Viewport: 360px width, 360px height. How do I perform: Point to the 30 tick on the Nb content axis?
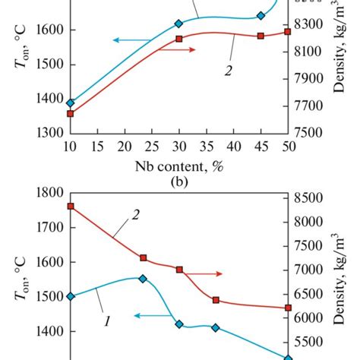point(179,145)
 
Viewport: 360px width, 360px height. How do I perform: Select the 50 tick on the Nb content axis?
point(288,145)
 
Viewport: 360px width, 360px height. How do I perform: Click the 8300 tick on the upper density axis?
point(314,24)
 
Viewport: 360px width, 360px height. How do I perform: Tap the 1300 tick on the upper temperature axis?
point(52,132)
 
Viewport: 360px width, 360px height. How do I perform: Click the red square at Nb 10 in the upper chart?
point(71,114)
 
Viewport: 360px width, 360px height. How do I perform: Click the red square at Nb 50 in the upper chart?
point(288,32)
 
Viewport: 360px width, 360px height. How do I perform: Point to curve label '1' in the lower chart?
point(108,322)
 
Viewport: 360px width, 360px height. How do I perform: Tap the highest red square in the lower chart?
point(71,207)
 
